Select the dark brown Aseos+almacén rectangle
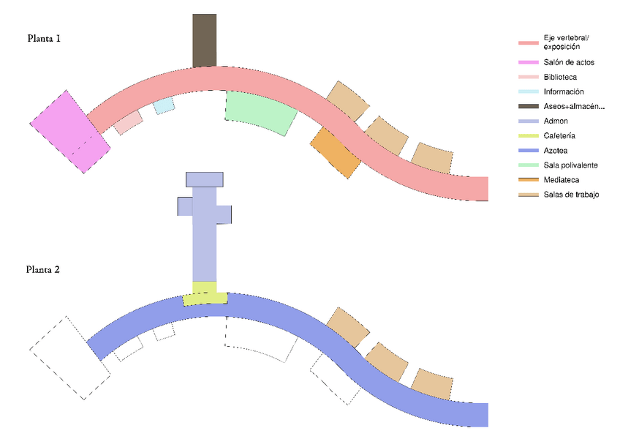[205, 40]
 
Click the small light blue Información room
[164, 105]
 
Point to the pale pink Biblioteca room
[128, 122]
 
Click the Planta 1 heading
[44, 38]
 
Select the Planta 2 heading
[42, 269]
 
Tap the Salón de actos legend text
[569, 62]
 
